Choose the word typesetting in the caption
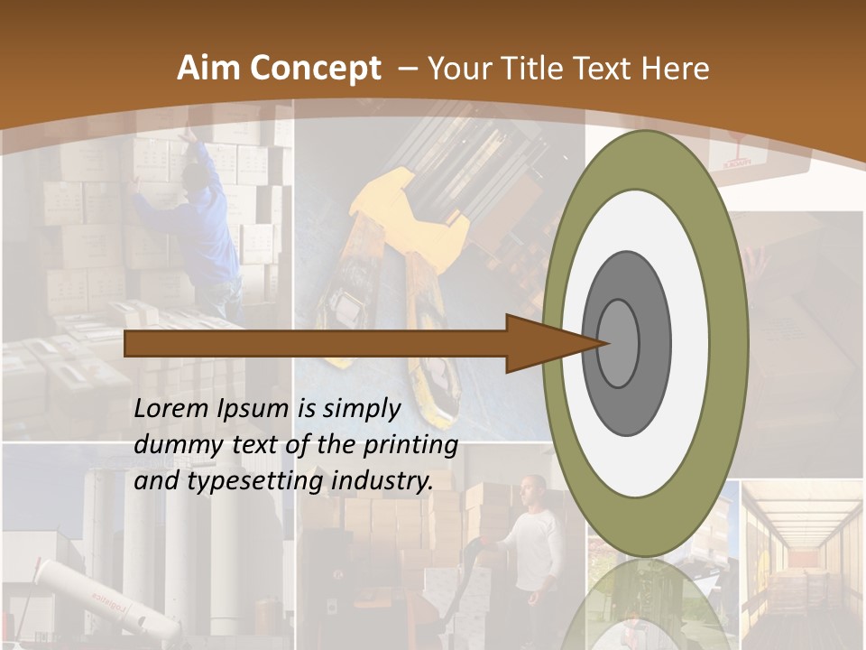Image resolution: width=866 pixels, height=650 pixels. [256, 481]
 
